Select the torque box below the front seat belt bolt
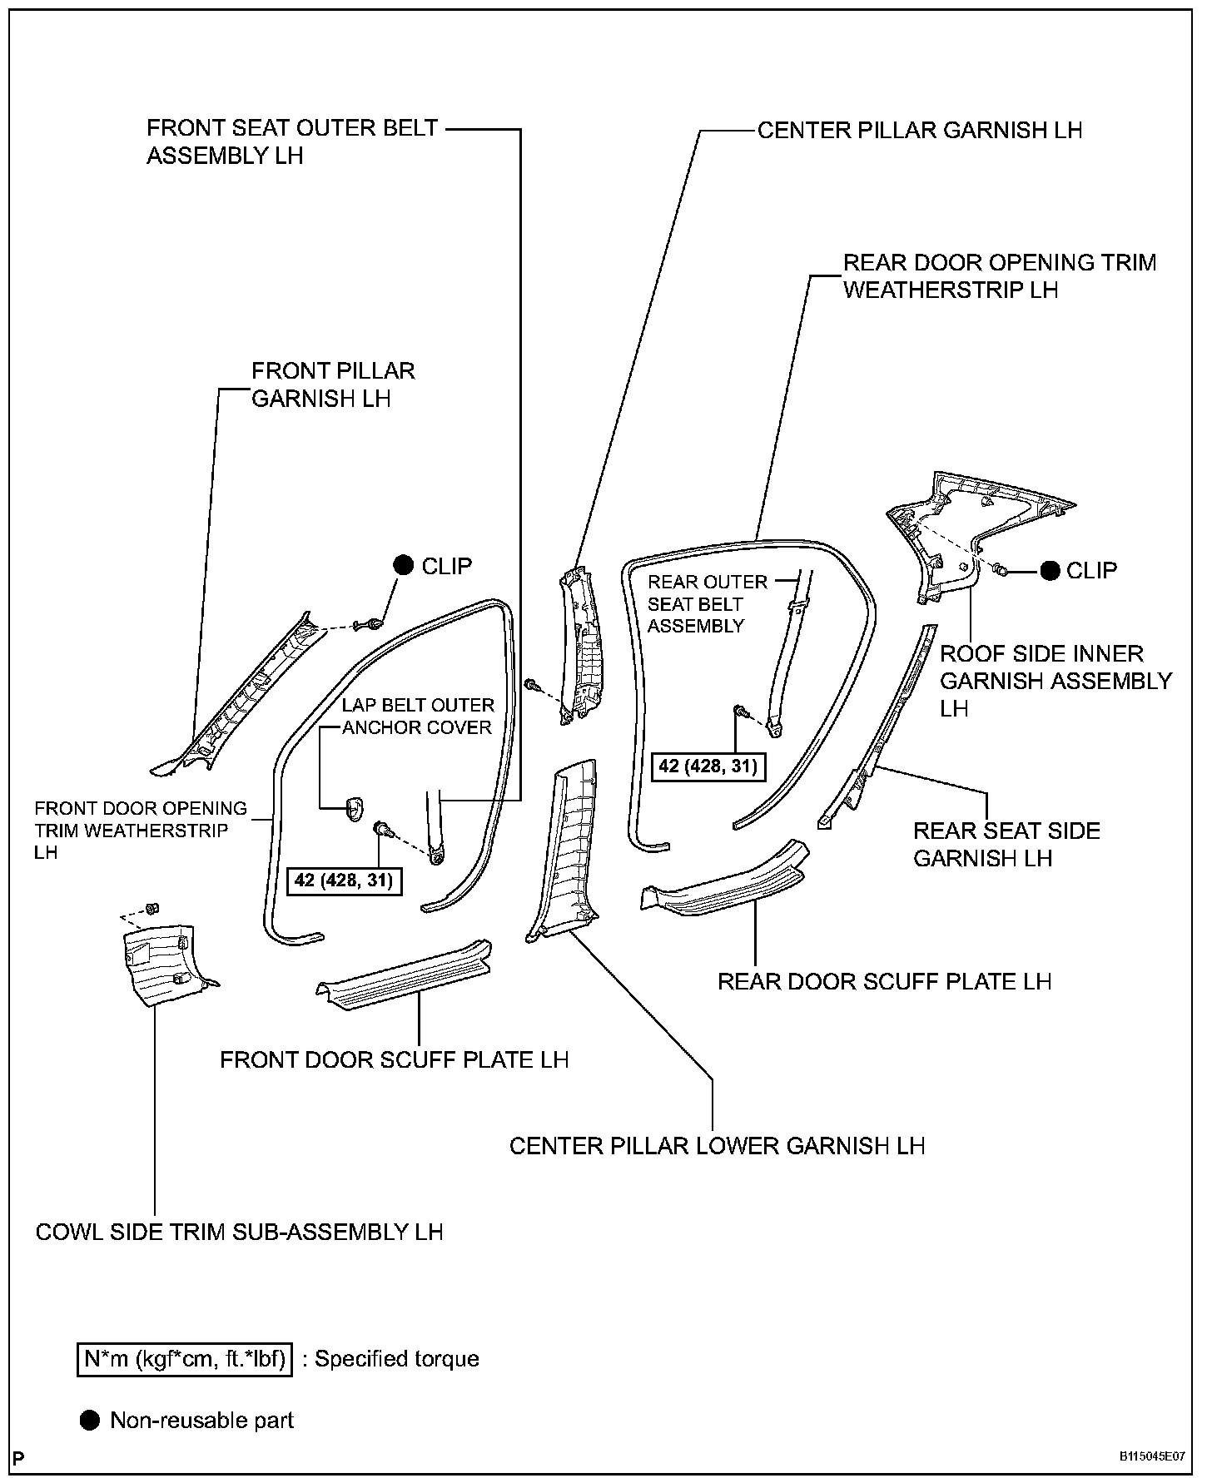(343, 880)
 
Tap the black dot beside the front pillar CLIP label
(404, 566)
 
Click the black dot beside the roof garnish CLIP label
(1051, 570)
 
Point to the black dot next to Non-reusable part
(89, 1421)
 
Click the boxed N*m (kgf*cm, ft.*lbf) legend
(185, 1360)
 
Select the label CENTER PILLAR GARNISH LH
(919, 131)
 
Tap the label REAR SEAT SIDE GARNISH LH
(1006, 844)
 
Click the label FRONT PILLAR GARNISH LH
(332, 384)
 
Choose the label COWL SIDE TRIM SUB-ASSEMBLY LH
(239, 1232)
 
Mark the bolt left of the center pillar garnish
(531, 684)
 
